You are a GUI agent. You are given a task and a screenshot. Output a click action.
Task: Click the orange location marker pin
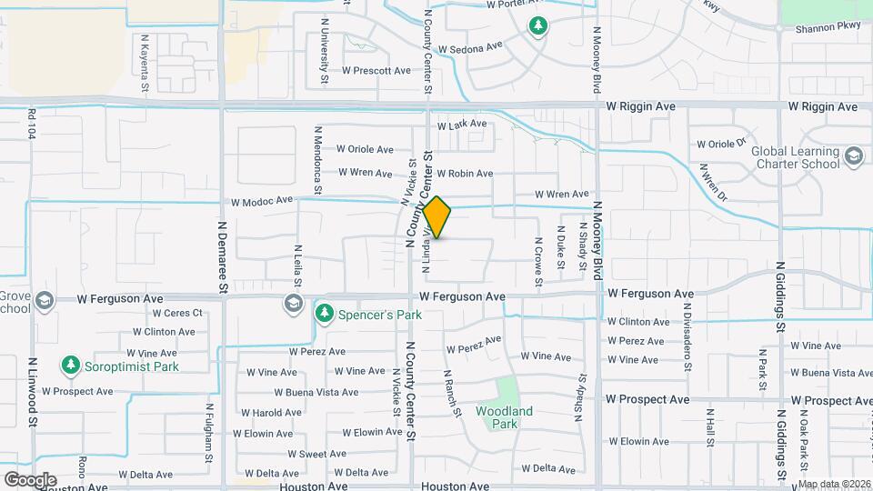(x=437, y=217)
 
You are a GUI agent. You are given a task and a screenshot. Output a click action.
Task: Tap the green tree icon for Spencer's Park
(x=324, y=314)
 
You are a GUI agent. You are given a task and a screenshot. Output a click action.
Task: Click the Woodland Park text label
(x=505, y=417)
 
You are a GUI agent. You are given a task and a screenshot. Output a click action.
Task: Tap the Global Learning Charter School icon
(x=854, y=156)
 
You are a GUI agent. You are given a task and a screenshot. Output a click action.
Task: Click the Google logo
(x=30, y=479)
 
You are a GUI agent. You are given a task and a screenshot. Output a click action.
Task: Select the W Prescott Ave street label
(x=376, y=70)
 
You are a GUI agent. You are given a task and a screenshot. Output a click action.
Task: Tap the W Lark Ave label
(x=462, y=125)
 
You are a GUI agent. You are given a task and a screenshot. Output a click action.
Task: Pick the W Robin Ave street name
(x=465, y=174)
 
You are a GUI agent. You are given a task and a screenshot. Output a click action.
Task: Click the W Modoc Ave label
(x=262, y=200)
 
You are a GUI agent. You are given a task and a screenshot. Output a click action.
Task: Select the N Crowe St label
(x=539, y=258)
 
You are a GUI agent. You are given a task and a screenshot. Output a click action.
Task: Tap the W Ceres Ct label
(x=178, y=314)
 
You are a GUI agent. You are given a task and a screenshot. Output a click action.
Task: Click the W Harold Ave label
(x=269, y=413)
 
